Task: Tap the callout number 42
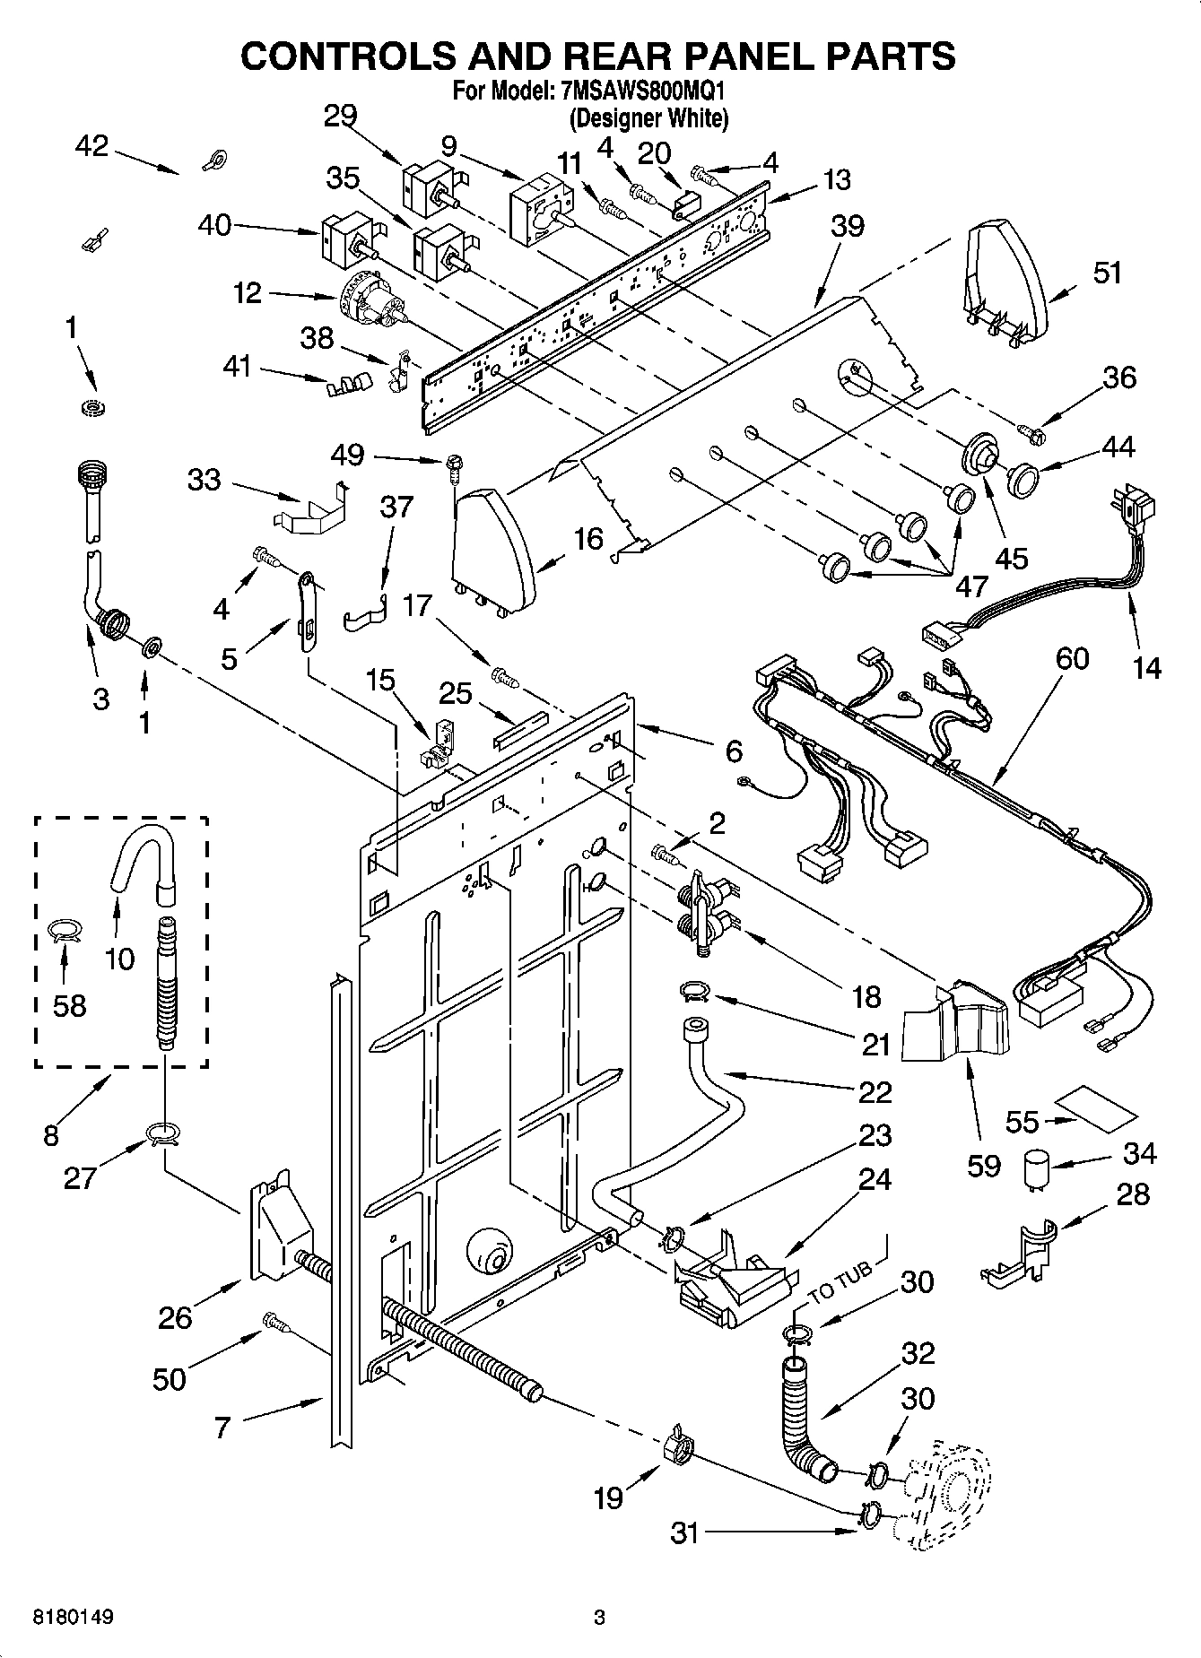[92, 146]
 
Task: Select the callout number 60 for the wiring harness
[1072, 659]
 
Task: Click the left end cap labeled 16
[494, 548]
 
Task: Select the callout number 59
[984, 1165]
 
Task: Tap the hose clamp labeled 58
[65, 931]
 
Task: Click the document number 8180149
[73, 1618]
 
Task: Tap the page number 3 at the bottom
[600, 1618]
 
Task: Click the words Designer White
[648, 117]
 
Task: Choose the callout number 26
[176, 1317]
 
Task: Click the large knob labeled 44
[1021, 479]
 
